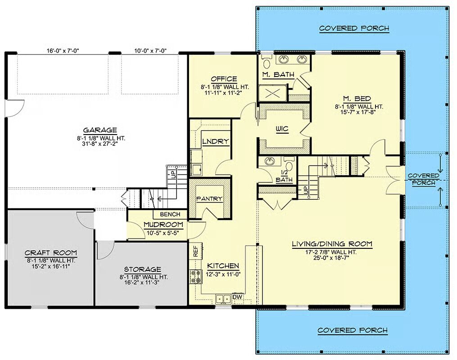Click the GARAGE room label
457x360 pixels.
(x=100, y=130)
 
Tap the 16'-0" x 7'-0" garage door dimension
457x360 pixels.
(x=63, y=51)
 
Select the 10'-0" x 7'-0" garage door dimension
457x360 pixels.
(x=150, y=51)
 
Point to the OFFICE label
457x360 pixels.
(x=224, y=79)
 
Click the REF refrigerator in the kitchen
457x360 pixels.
(x=195, y=251)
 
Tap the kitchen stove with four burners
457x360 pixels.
(x=196, y=276)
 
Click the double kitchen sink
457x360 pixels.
(x=223, y=299)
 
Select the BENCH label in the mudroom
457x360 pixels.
(x=170, y=214)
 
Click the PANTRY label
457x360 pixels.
(x=209, y=198)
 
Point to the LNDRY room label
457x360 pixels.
(x=216, y=142)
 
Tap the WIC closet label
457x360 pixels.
(x=282, y=129)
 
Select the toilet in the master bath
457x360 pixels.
(x=267, y=62)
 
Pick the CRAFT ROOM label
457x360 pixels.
(x=51, y=253)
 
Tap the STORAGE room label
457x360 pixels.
(x=143, y=270)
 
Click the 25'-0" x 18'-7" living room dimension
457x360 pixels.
(x=332, y=258)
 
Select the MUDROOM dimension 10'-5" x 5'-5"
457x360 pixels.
(x=163, y=233)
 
